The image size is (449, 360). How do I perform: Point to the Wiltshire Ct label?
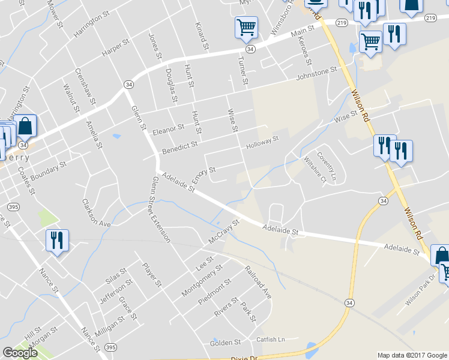(x=315, y=170)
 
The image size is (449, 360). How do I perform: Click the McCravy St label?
(x=224, y=230)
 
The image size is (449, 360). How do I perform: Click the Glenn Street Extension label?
(x=161, y=209)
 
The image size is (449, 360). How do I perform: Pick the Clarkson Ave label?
(x=97, y=212)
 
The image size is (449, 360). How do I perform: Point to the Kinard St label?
(x=201, y=36)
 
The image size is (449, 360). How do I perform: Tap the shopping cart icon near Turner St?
(x=246, y=27)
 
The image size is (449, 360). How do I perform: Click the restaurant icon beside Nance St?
(x=57, y=240)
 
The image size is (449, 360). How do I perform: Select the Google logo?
(x=20, y=353)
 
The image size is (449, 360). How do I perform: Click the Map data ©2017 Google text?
(x=412, y=355)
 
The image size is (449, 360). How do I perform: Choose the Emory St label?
(x=203, y=175)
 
